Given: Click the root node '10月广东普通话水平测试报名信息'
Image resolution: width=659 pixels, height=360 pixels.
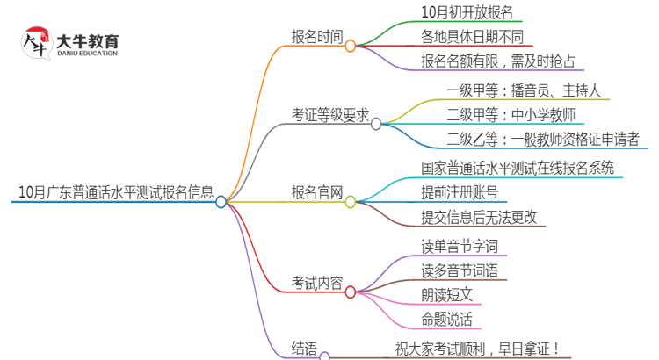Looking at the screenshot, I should coord(114,192).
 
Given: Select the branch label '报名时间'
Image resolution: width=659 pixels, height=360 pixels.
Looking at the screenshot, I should coord(317,36).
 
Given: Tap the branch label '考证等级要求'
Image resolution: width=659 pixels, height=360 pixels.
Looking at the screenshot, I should coord(330,115).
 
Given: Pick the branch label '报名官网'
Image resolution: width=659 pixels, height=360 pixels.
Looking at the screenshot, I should coord(317,193).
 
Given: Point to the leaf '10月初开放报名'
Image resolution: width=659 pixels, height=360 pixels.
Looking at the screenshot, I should coord(467,12).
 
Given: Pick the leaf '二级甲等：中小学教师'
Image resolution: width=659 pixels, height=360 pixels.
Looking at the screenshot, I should coord(511,114).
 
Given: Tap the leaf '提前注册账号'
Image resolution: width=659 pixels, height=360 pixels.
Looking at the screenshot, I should coord(460,192).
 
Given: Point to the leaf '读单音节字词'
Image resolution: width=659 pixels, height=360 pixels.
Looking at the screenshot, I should coord(460,246).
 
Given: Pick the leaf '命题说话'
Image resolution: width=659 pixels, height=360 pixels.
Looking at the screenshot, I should coord(447,319).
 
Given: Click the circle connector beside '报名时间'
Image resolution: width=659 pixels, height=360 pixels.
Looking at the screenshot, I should coord(350,46).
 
